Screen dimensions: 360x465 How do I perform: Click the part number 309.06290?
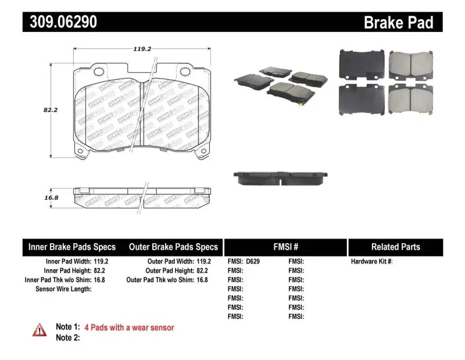pyautogui.click(x=60, y=22)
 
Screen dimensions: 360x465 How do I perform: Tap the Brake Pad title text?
pyautogui.click(x=398, y=22)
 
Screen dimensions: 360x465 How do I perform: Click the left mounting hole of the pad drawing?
pyautogui.click(x=99, y=72)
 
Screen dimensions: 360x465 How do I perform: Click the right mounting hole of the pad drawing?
pyautogui.click(x=186, y=72)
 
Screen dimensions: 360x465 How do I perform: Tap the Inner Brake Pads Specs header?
pyautogui.click(x=71, y=247)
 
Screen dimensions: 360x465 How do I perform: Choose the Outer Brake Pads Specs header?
pyautogui.click(x=173, y=247)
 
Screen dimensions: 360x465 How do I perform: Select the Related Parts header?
pyautogui.click(x=396, y=247)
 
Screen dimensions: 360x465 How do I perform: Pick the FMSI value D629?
pyautogui.click(x=253, y=262)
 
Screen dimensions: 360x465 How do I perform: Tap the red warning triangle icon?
pyautogui.click(x=40, y=330)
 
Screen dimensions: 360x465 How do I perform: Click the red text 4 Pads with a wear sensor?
pyautogui.click(x=129, y=327)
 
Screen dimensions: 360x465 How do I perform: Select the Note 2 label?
pyautogui.click(x=67, y=338)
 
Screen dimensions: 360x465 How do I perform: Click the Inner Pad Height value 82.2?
pyautogui.click(x=101, y=271)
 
